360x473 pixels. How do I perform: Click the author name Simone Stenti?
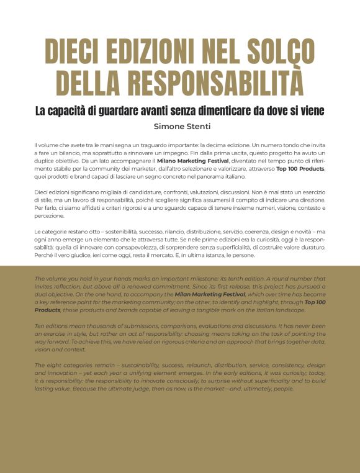pos(180,126)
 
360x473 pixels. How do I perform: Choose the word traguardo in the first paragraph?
pos(122,144)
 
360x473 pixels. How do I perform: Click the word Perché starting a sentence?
pos(44,255)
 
